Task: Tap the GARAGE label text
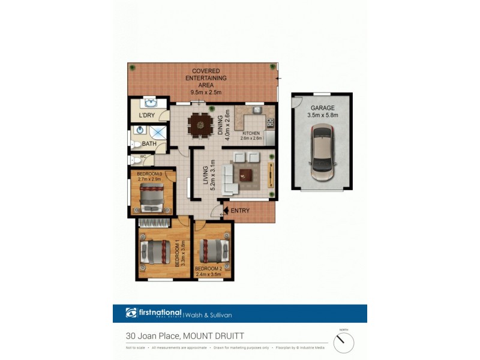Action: pyautogui.click(x=322, y=108)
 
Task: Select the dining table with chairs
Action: pyautogui.click(x=200, y=125)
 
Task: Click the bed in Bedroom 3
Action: pyautogui.click(x=152, y=195)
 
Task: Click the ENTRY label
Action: pyautogui.click(x=240, y=210)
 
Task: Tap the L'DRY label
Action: pyautogui.click(x=147, y=115)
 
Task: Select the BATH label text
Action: pyautogui.click(x=149, y=144)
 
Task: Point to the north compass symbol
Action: pyautogui.click(x=344, y=343)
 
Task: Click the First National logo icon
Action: pyautogui.click(x=131, y=313)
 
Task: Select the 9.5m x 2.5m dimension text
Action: pyautogui.click(x=206, y=92)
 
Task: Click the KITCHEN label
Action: pyautogui.click(x=251, y=133)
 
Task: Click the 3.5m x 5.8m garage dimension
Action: pyautogui.click(x=322, y=115)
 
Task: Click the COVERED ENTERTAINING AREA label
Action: pyautogui.click(x=206, y=78)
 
